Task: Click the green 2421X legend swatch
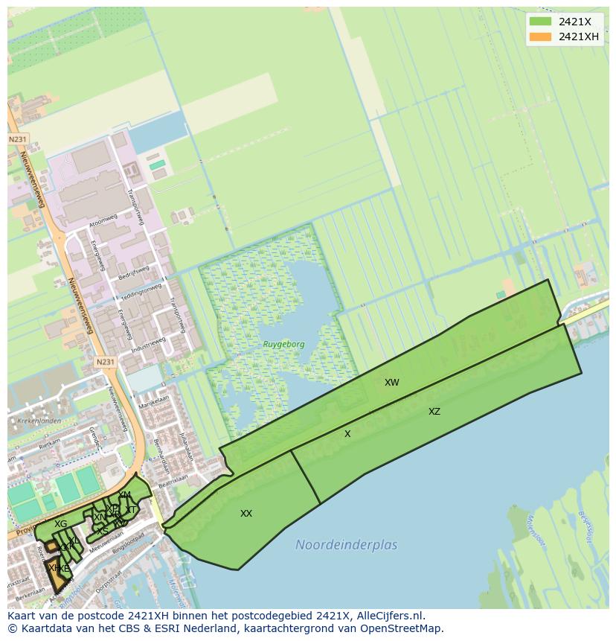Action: (x=540, y=22)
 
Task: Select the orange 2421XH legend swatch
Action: (x=540, y=36)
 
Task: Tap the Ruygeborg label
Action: (x=283, y=345)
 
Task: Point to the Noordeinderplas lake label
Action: (x=346, y=545)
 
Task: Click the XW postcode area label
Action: (x=392, y=383)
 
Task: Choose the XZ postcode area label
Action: (x=434, y=412)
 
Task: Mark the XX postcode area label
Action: (x=246, y=514)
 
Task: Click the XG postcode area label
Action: (x=60, y=524)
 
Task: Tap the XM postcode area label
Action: (x=124, y=495)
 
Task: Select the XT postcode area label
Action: (x=131, y=510)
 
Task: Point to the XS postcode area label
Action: (x=103, y=531)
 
